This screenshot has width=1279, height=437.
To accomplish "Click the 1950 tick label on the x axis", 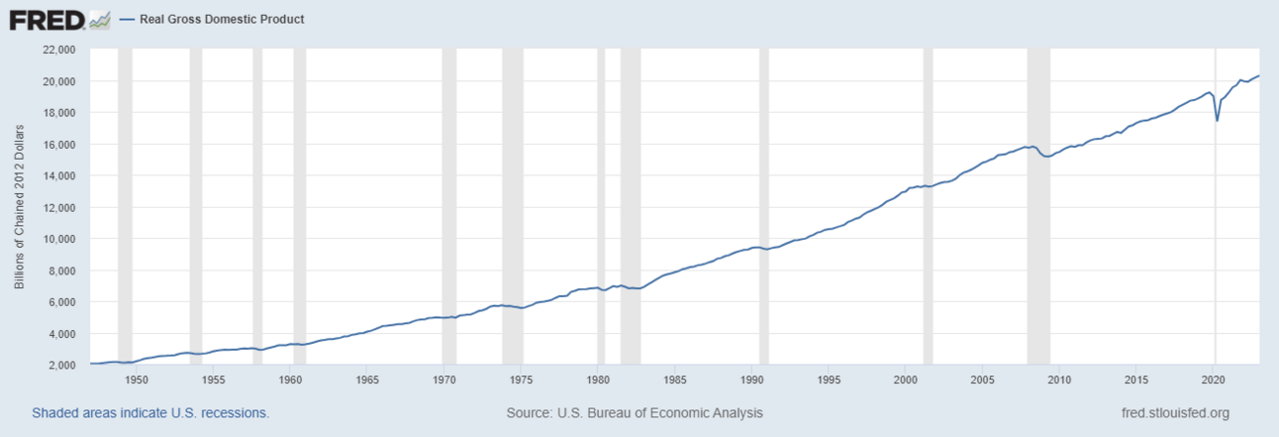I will click(x=137, y=380).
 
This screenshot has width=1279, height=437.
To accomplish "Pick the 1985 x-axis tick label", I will click(x=675, y=380).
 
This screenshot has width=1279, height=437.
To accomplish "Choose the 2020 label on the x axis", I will click(x=1214, y=380).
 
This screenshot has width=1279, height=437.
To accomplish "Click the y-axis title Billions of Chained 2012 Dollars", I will click(x=19, y=206).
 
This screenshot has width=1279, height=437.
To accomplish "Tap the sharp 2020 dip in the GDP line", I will click(x=1218, y=120).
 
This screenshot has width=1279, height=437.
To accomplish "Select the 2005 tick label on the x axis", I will click(x=982, y=380).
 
